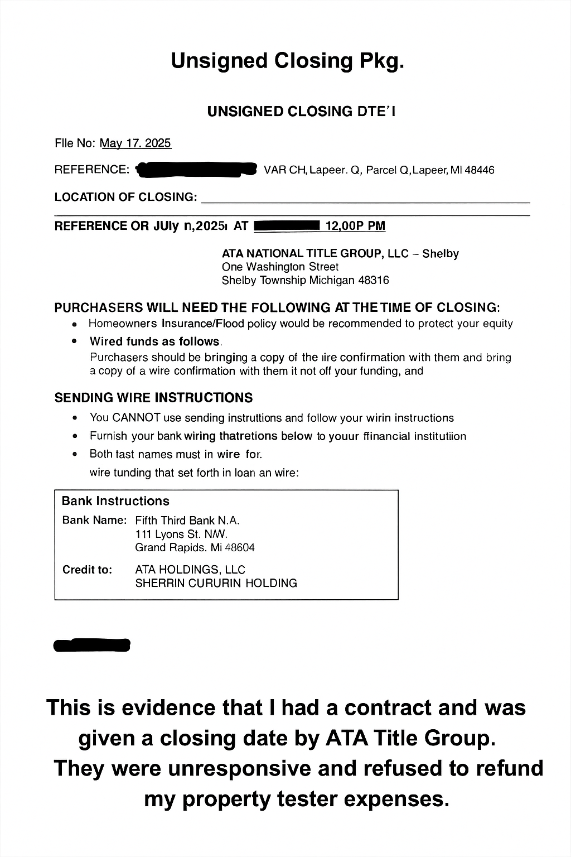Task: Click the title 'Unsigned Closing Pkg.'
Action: [287, 61]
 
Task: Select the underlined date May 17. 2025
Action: [136, 143]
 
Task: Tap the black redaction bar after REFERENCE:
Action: [196, 170]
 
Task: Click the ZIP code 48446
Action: [480, 170]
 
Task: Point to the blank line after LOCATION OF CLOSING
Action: [365, 198]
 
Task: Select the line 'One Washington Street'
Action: [280, 267]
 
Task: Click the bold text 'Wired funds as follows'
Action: [154, 341]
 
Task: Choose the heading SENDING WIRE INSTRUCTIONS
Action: [153, 398]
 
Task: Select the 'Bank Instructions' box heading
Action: [115, 501]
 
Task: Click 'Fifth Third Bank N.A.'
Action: [187, 521]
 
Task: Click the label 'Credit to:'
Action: [87, 570]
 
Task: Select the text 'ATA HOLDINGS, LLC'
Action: [190, 570]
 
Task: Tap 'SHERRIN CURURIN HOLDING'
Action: [216, 584]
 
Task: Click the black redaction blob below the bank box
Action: [91, 646]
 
